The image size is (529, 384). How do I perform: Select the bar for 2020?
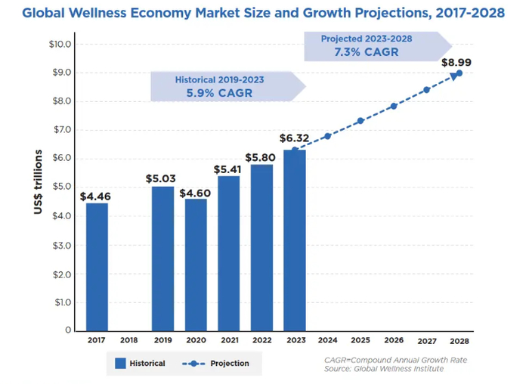click(196, 264)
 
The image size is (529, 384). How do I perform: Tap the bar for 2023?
click(295, 240)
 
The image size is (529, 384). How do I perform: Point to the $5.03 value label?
click(162, 178)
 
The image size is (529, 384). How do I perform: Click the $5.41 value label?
click(227, 169)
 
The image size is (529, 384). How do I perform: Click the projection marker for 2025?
click(360, 121)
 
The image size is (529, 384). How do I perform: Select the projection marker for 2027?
click(426, 90)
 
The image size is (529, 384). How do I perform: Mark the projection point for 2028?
click(459, 73)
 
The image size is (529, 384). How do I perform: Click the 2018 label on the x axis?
click(129, 341)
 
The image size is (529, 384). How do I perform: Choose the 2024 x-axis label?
click(327, 341)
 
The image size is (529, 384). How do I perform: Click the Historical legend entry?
click(140, 364)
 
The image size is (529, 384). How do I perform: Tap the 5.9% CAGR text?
click(219, 94)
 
